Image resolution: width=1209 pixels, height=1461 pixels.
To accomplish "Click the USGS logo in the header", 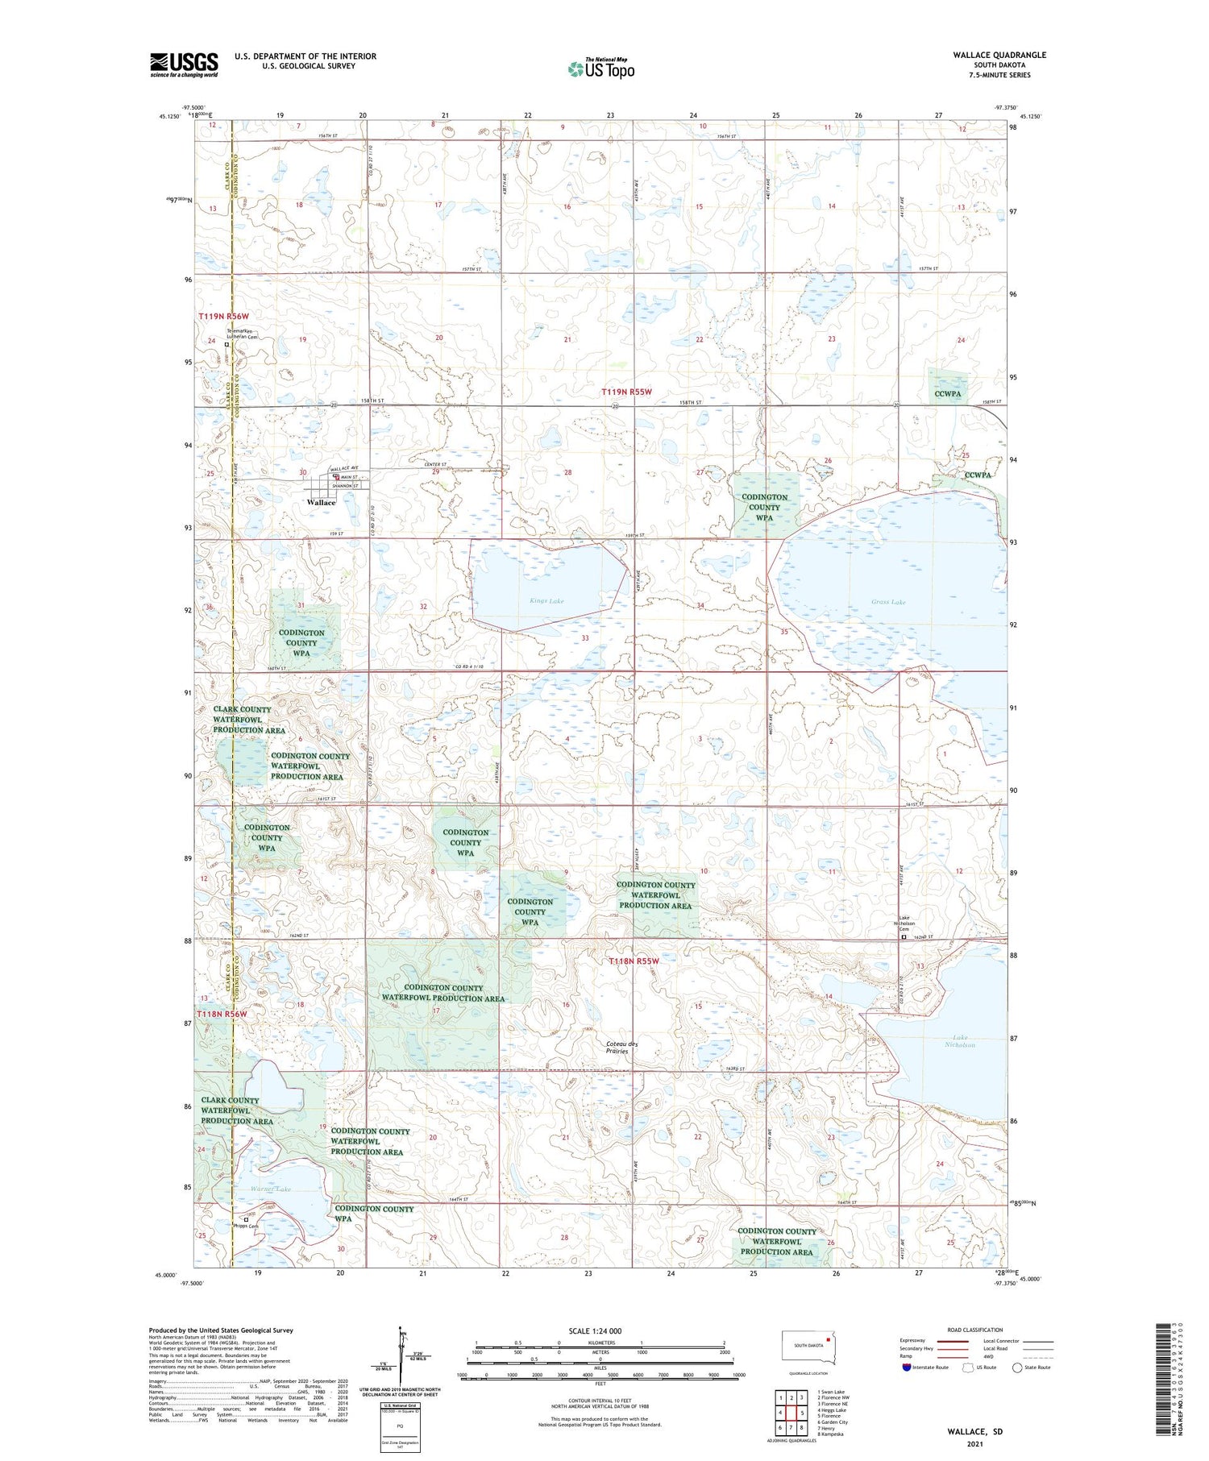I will (x=184, y=64).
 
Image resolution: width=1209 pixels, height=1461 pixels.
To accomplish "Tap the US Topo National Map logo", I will (x=600, y=68).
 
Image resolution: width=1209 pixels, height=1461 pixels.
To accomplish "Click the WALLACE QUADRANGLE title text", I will (x=999, y=55).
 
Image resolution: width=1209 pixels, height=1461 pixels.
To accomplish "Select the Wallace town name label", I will (x=321, y=502).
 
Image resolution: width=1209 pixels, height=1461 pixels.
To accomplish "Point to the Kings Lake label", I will (x=546, y=600).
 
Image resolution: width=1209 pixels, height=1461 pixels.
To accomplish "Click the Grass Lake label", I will (x=888, y=602).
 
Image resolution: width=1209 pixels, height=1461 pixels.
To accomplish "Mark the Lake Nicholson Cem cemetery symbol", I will (x=904, y=937).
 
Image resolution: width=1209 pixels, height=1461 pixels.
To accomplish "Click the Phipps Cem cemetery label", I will (x=247, y=1226).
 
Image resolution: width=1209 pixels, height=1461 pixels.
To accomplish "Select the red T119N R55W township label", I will (x=626, y=392).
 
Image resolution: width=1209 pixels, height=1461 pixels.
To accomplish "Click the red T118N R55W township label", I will (x=634, y=961).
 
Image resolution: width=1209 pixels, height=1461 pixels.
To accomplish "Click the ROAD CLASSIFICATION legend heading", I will (x=974, y=1330).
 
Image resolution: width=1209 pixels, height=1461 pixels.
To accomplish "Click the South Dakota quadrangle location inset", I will (x=809, y=1347).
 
